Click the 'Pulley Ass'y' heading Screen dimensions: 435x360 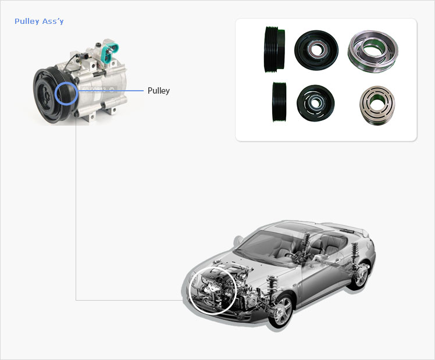click(39, 22)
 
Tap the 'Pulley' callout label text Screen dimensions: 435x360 click(158, 91)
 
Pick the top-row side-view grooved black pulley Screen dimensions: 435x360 click(274, 49)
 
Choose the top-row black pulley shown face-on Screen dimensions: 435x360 click(316, 50)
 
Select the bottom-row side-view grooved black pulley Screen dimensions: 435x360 click(279, 102)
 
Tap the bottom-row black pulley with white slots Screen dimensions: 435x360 click(315, 103)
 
